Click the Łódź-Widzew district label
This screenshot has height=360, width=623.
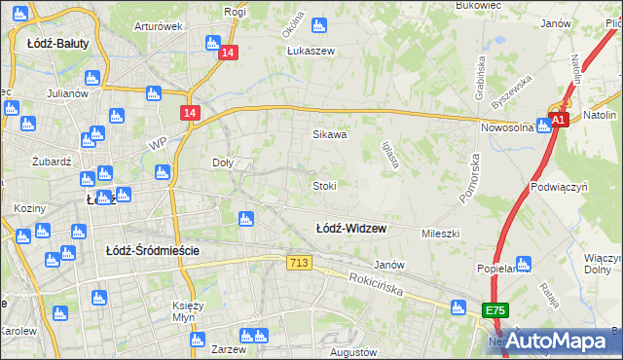(350, 229)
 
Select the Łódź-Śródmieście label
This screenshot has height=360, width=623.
(152, 250)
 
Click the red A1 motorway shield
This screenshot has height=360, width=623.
(557, 120)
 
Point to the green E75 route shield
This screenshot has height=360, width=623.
(495, 309)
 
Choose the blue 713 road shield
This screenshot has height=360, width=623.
(299, 263)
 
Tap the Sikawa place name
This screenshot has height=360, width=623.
(329, 135)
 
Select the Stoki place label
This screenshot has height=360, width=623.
(324, 185)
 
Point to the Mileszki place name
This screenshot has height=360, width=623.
(440, 234)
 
